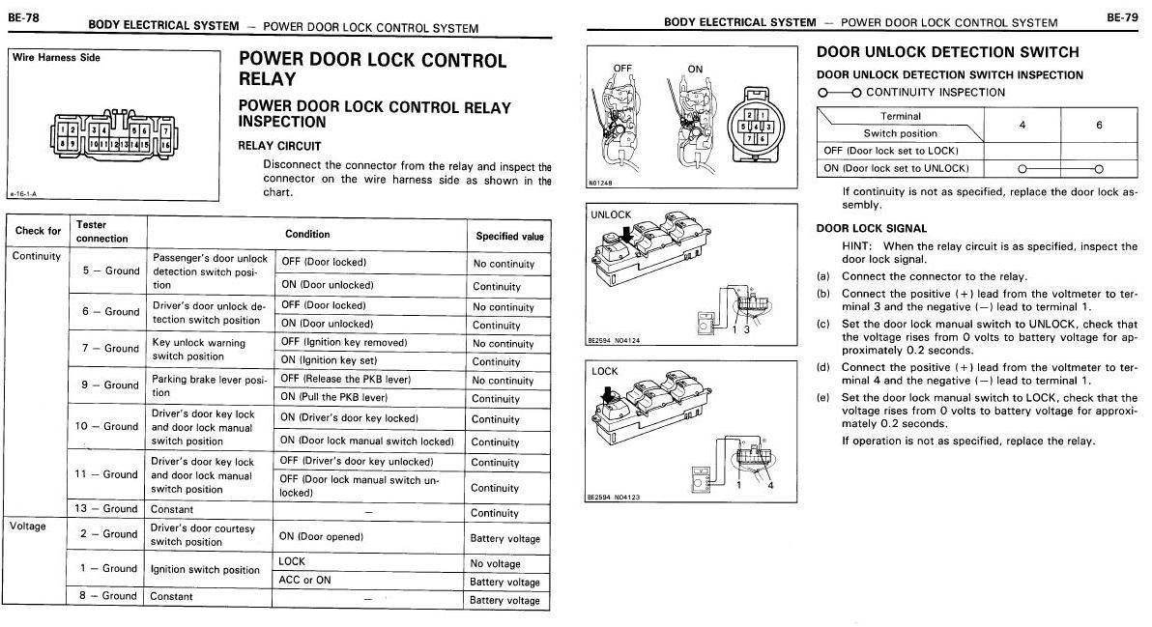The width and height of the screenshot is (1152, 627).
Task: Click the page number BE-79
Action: [1122, 16]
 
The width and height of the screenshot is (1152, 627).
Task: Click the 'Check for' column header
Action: [39, 231]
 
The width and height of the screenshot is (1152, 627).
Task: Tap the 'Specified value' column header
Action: [509, 236]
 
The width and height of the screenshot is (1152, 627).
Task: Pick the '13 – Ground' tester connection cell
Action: [107, 508]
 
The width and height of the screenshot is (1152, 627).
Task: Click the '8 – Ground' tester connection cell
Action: [107, 596]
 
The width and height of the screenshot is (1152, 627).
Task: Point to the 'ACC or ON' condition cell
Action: [304, 580]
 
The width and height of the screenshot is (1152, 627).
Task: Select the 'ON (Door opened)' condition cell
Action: [321, 536]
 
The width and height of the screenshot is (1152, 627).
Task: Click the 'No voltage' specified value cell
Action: [495, 563]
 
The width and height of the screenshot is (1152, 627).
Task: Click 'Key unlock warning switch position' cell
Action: [199, 349]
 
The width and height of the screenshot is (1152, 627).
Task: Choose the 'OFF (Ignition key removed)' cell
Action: [343, 342]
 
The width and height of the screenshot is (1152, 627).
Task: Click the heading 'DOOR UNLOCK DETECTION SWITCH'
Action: [947, 52]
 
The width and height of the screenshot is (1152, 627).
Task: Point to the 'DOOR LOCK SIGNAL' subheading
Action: [872, 228]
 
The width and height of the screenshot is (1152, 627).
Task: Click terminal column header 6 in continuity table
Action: [1098, 125]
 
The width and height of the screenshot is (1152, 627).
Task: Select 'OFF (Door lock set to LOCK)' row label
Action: [890, 151]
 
